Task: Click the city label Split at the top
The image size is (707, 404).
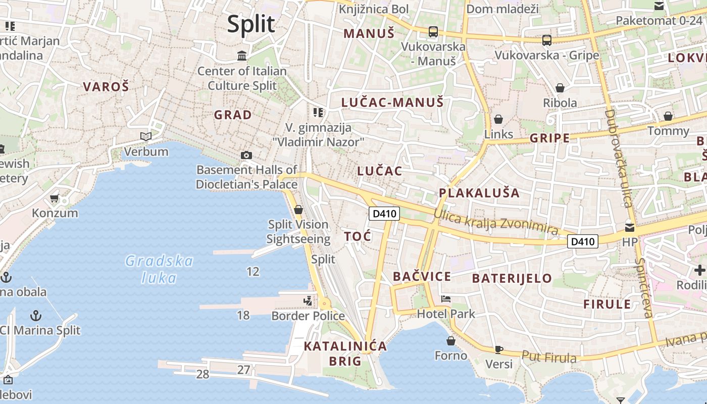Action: pyautogui.click(x=251, y=24)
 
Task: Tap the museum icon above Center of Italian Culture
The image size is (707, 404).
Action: pyautogui.click(x=242, y=55)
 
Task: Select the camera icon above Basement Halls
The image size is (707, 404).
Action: pyautogui.click(x=246, y=155)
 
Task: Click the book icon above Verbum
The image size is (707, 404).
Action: pyautogui.click(x=146, y=136)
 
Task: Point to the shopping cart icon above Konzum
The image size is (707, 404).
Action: pyautogui.click(x=55, y=197)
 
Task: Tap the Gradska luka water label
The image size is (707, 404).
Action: pyautogui.click(x=159, y=269)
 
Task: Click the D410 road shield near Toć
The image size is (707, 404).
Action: pyautogui.click(x=384, y=214)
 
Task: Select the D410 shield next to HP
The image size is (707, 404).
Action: pyautogui.click(x=583, y=241)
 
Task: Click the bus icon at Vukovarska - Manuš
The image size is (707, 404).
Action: pyautogui.click(x=433, y=32)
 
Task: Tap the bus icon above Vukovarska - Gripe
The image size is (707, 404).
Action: pyautogui.click(x=546, y=40)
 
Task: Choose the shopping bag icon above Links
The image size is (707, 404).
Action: pyautogui.click(x=498, y=119)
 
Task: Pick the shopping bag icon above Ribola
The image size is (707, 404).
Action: pyautogui.click(x=560, y=88)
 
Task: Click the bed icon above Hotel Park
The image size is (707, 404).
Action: pyautogui.click(x=445, y=299)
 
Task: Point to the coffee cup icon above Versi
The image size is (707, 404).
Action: pyautogui.click(x=498, y=349)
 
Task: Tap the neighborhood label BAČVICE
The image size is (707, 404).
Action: pyautogui.click(x=422, y=276)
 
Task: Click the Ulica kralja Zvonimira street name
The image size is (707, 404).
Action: pyautogui.click(x=496, y=223)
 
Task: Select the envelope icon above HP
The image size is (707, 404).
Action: pyautogui.click(x=629, y=227)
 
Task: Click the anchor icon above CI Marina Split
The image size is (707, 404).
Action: pyautogui.click(x=35, y=316)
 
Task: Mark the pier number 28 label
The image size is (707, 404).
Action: pyautogui.click(x=203, y=374)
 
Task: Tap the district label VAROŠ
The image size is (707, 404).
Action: pyautogui.click(x=106, y=86)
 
